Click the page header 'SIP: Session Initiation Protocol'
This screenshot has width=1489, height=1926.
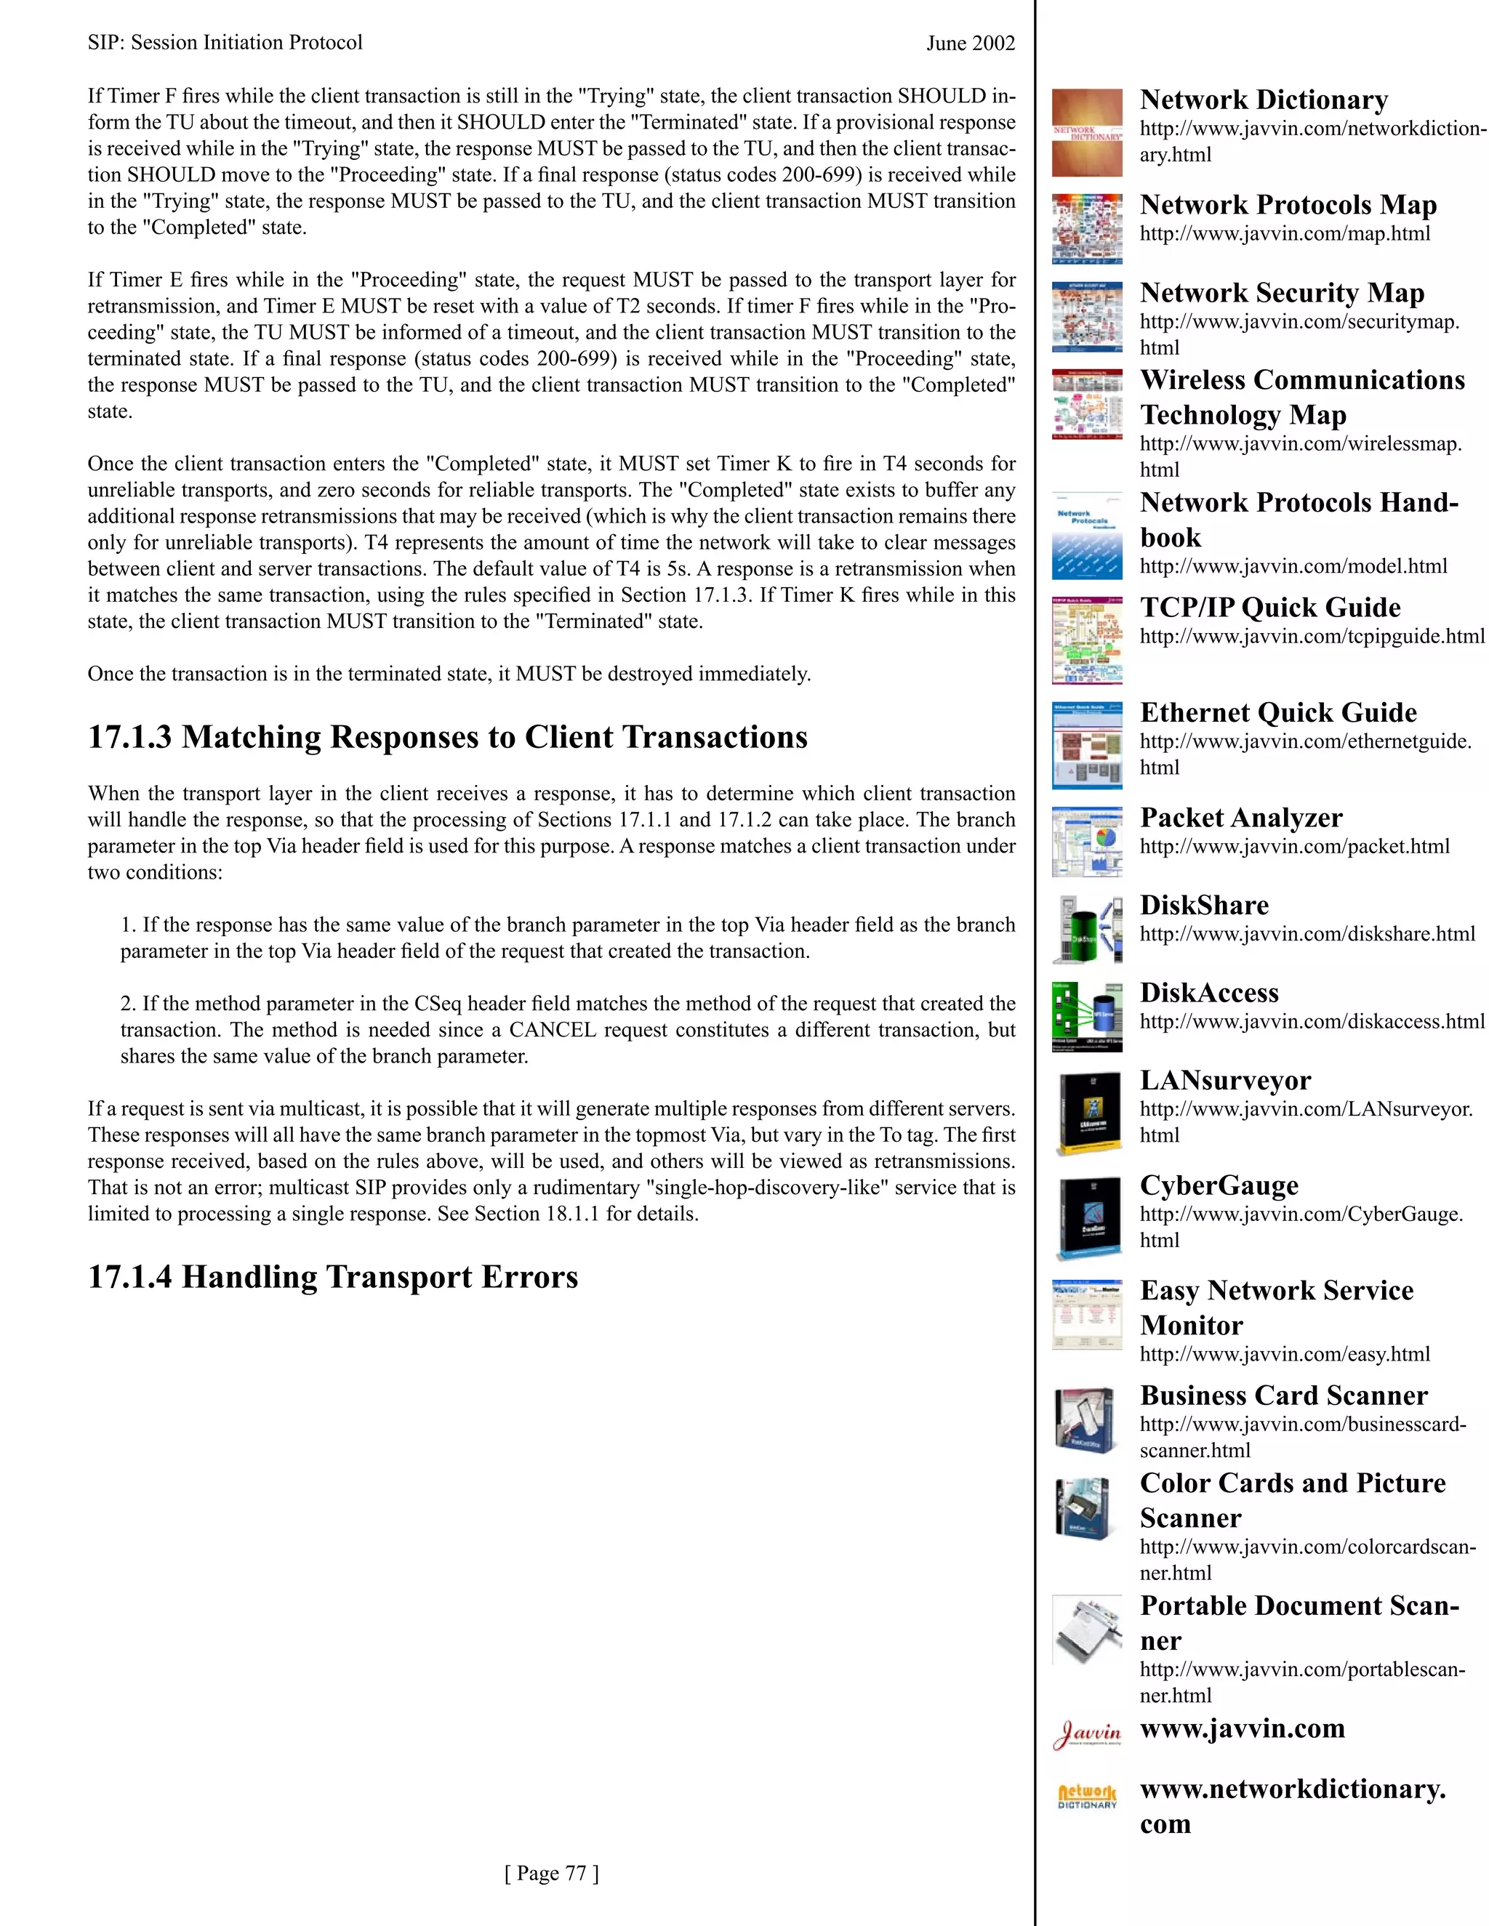coord(225,42)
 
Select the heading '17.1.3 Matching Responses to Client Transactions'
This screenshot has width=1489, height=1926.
coord(447,736)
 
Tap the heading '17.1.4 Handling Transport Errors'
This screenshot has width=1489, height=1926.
coord(332,1276)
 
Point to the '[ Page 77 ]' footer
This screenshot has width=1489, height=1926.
coord(551,1872)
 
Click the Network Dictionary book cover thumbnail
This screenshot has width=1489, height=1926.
coord(1087,132)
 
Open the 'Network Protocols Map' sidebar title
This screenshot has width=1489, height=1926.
coord(1288,205)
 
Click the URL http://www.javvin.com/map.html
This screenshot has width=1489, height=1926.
coord(1285,234)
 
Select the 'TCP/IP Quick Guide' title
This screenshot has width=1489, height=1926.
coord(1269,607)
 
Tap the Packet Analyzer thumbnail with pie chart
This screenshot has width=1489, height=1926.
coord(1087,842)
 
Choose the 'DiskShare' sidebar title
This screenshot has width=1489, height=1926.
coord(1204,905)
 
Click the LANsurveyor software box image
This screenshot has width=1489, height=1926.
coord(1089,1113)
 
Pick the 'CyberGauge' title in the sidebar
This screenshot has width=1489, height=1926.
coord(1219,1185)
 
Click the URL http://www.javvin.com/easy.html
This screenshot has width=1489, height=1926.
coord(1285,1354)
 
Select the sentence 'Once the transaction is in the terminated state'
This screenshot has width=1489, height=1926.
coord(448,674)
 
